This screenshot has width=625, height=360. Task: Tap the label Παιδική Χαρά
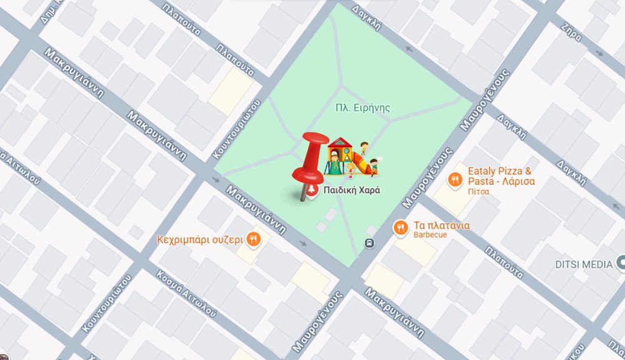351,190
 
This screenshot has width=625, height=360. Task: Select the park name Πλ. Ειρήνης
362,108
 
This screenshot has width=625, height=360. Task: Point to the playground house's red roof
339,142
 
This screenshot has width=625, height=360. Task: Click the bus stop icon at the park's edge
369,243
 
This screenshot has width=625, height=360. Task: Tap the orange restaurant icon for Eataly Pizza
454,179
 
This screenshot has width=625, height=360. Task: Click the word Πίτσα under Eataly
478,192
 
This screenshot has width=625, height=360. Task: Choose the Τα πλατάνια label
441,225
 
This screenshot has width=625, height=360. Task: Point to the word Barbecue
429,235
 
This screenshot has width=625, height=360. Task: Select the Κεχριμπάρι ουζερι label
199,239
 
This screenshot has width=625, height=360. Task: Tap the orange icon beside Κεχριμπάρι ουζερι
252,238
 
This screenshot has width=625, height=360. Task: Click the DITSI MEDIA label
584,264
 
